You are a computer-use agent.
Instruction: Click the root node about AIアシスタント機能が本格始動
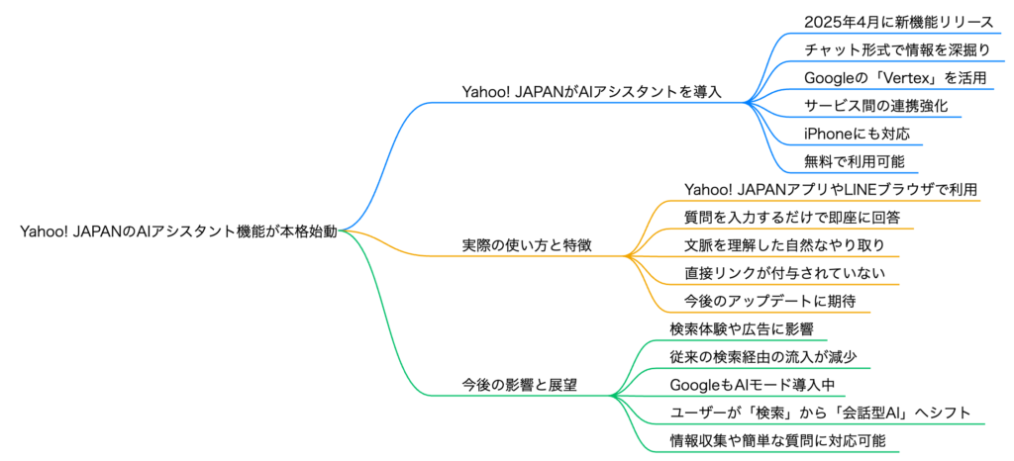(x=178, y=231)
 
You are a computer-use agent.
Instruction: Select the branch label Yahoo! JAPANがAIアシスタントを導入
(x=591, y=91)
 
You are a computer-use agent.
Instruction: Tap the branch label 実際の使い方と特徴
(x=527, y=244)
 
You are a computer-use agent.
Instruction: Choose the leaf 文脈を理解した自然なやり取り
(x=770, y=244)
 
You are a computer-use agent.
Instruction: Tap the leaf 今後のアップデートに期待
(x=756, y=300)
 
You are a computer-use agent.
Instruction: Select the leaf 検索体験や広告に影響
(x=742, y=327)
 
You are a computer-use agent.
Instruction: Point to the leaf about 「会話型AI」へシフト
(x=820, y=412)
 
